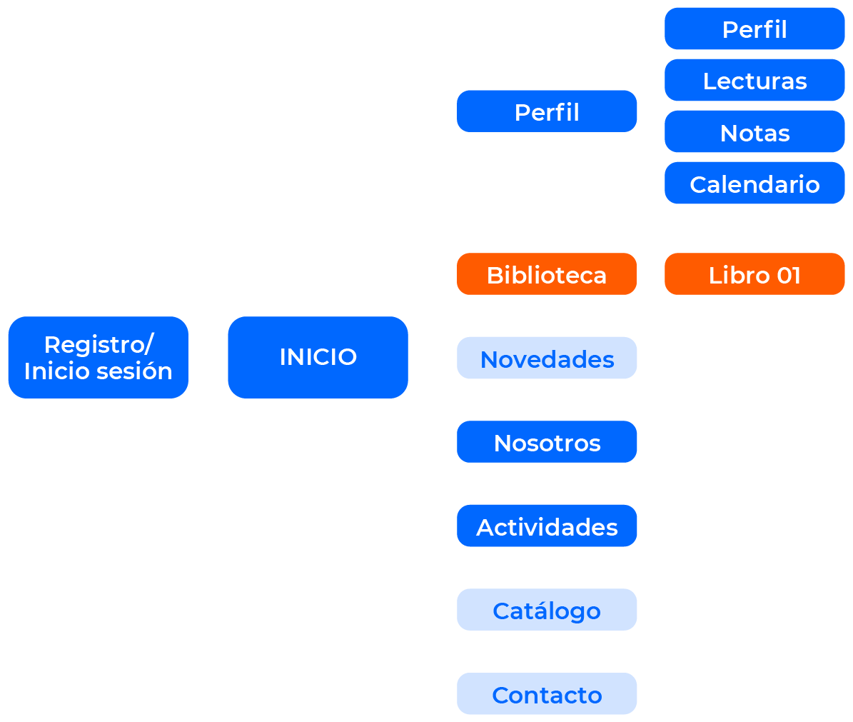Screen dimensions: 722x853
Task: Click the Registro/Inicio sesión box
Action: click(x=98, y=357)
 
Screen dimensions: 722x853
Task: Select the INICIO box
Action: click(x=318, y=357)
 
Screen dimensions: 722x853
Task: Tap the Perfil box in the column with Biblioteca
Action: click(x=547, y=111)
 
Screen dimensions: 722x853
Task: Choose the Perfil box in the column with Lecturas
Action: click(x=754, y=29)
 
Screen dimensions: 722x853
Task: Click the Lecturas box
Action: click(x=754, y=81)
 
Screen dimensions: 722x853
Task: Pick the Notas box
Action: click(x=754, y=132)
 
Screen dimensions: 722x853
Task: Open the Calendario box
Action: click(x=754, y=184)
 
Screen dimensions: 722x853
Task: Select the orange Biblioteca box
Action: click(x=547, y=274)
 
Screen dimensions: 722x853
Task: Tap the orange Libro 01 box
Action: click(x=754, y=274)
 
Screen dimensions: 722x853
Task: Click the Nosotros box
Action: click(x=547, y=442)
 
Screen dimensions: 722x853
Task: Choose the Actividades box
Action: click(x=547, y=526)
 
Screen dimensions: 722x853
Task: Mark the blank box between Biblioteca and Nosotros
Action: click(x=547, y=358)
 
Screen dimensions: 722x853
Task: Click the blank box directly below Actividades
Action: click(x=547, y=610)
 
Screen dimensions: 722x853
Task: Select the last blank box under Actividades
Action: click(x=547, y=693)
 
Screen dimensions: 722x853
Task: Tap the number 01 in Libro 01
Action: click(x=789, y=276)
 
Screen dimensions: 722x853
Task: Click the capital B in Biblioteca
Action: click(x=494, y=276)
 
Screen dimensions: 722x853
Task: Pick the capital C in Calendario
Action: click(x=698, y=185)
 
